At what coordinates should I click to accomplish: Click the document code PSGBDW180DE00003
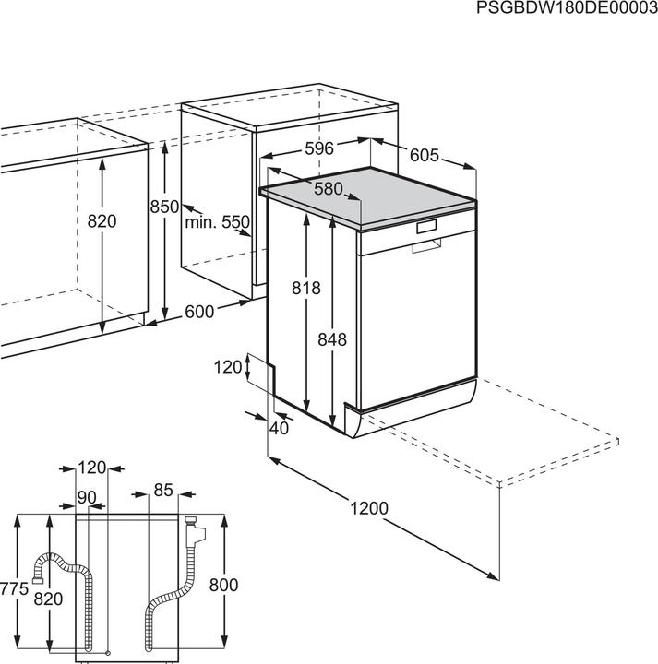566,8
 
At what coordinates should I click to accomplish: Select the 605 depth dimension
424,156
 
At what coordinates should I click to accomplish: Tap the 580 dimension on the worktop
327,188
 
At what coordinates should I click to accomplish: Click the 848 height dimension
331,339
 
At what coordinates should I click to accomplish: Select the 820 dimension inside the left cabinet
102,221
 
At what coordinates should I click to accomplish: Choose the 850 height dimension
164,207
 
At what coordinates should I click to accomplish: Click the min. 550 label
217,222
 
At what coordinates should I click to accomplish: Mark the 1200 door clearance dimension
368,508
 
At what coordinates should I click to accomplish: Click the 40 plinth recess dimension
279,427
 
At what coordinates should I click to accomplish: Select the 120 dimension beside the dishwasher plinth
227,368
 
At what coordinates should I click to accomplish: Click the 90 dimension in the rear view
88,498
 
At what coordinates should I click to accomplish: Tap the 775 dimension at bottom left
11,586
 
